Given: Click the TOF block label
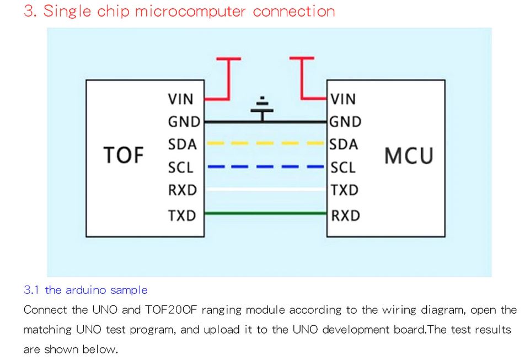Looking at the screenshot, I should pos(124,155).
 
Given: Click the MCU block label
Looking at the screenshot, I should pos(409,156).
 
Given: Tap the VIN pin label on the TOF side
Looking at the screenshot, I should pos(181,99).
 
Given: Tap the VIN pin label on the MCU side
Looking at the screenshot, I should pos(344,99).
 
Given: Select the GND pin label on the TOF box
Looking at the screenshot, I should pos(184,122).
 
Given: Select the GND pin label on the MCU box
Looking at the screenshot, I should pos(346,122).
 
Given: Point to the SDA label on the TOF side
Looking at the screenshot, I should pos(182,144).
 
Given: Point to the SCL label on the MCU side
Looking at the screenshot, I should pos(343,167).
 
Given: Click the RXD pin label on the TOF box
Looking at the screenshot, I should pos(182,190).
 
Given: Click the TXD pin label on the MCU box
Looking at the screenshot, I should pos(345,190).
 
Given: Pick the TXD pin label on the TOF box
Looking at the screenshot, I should pos(181,215).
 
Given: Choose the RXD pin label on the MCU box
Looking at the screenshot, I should pos(345,215).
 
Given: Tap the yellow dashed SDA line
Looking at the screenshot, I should pos(265,143).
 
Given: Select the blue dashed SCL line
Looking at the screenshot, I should pos(265,166).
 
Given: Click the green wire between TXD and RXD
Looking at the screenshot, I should pos(265,213).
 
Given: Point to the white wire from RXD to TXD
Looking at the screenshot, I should pos(265,189).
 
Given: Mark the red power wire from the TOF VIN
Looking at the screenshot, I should pos(226,83).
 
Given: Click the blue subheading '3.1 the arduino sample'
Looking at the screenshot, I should pos(85,290).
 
